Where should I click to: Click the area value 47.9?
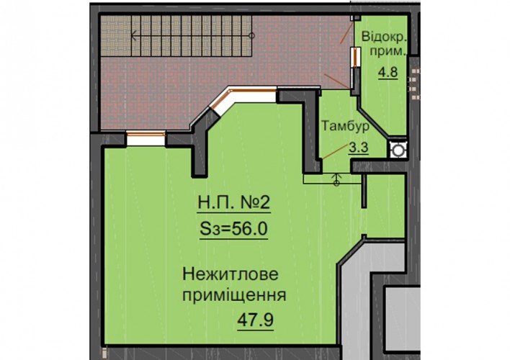tap(255, 320)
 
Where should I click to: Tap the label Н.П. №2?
tap(234, 202)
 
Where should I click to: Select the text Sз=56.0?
tap(233, 228)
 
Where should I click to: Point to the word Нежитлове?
tap(231, 274)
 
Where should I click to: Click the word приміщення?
tap(234, 296)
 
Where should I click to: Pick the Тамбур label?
tap(346, 126)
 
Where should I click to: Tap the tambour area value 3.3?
tap(359, 148)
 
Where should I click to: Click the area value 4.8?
tap(388, 72)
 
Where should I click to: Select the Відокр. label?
tap(384, 37)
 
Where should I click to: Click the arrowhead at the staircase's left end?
tap(133, 35)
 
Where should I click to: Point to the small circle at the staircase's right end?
tap(251, 35)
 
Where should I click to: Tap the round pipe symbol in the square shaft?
tap(397, 150)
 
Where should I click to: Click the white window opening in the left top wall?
tap(146, 138)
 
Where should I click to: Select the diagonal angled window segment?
tap(221, 102)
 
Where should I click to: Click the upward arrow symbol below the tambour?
tap(336, 179)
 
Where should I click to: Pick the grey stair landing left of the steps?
tap(116, 36)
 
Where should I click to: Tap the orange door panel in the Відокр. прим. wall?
tap(356, 57)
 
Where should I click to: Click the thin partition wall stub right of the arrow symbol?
tap(364, 191)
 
